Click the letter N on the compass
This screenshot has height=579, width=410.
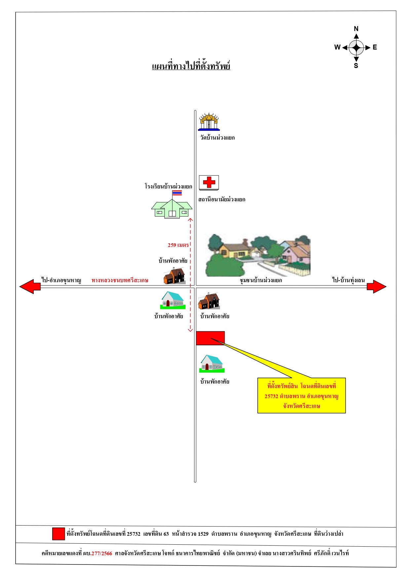click(x=356, y=29)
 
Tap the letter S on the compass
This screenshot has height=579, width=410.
click(x=356, y=66)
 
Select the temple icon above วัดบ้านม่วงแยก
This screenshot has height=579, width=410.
click(x=209, y=122)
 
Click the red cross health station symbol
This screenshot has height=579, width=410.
click(x=209, y=183)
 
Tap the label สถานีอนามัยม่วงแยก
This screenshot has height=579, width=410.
click(x=222, y=199)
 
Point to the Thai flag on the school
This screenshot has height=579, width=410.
click(x=177, y=193)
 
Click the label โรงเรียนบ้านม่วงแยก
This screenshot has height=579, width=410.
click(x=168, y=187)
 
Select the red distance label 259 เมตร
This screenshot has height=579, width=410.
click(x=178, y=245)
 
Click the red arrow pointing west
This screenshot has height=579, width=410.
click(x=30, y=287)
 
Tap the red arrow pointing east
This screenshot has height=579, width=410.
click(x=377, y=287)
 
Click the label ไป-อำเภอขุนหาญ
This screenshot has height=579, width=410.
click(x=61, y=280)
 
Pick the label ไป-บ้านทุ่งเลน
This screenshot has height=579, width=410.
click(x=349, y=280)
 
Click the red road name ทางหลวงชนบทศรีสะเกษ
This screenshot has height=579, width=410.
click(x=120, y=280)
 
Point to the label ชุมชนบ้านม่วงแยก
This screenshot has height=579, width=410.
click(x=261, y=280)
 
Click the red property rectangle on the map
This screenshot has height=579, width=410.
click(x=210, y=338)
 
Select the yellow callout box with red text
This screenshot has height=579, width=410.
click(x=302, y=395)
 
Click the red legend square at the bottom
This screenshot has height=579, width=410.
click(x=58, y=534)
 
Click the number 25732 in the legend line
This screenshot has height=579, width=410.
click(x=133, y=534)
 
